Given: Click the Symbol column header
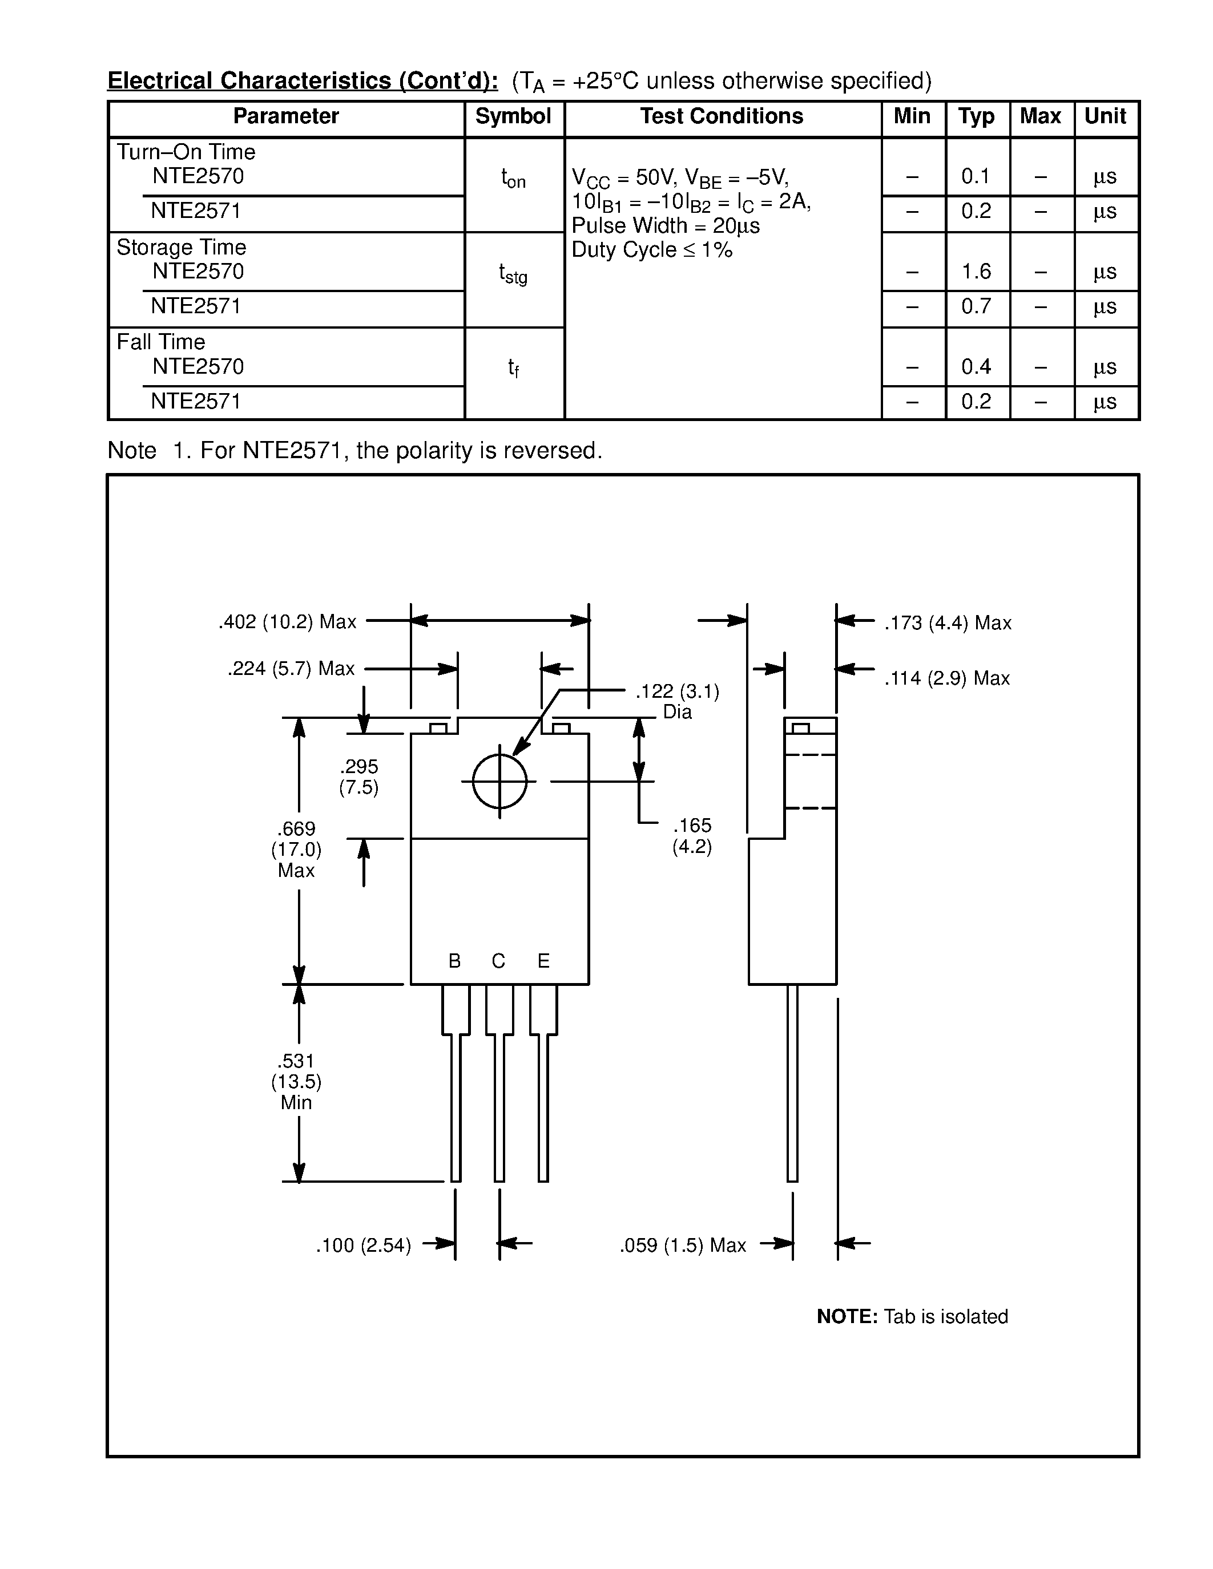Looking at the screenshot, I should [x=513, y=116].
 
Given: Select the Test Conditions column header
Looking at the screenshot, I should [x=722, y=116].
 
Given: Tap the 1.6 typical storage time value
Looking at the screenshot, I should [x=976, y=272].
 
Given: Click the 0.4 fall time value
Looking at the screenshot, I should [x=976, y=367].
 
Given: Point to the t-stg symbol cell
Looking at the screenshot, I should [x=513, y=274].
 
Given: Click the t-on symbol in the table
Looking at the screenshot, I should [x=513, y=178].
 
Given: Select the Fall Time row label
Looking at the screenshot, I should [x=161, y=342].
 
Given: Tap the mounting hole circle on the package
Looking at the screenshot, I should [x=499, y=781].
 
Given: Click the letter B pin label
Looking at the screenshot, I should [x=454, y=961].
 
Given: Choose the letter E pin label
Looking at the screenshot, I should [x=543, y=961].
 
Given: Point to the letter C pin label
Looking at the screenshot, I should [x=499, y=961].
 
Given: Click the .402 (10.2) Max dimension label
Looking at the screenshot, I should [x=288, y=622].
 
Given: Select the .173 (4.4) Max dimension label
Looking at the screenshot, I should [x=948, y=624].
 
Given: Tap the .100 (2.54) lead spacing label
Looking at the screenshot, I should [x=364, y=1246].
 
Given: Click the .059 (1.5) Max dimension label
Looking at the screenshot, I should [x=683, y=1246].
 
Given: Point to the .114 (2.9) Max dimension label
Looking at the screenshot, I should [x=947, y=678].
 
